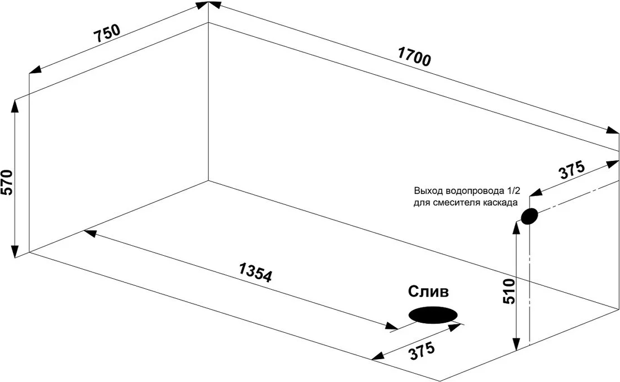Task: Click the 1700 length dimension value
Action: [x=414, y=57]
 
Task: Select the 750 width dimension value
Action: [x=106, y=34]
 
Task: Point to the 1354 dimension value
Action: [x=255, y=271]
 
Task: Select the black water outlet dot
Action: [x=529, y=216]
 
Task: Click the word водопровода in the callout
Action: [x=469, y=190]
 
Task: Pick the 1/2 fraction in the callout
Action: [x=513, y=190]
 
